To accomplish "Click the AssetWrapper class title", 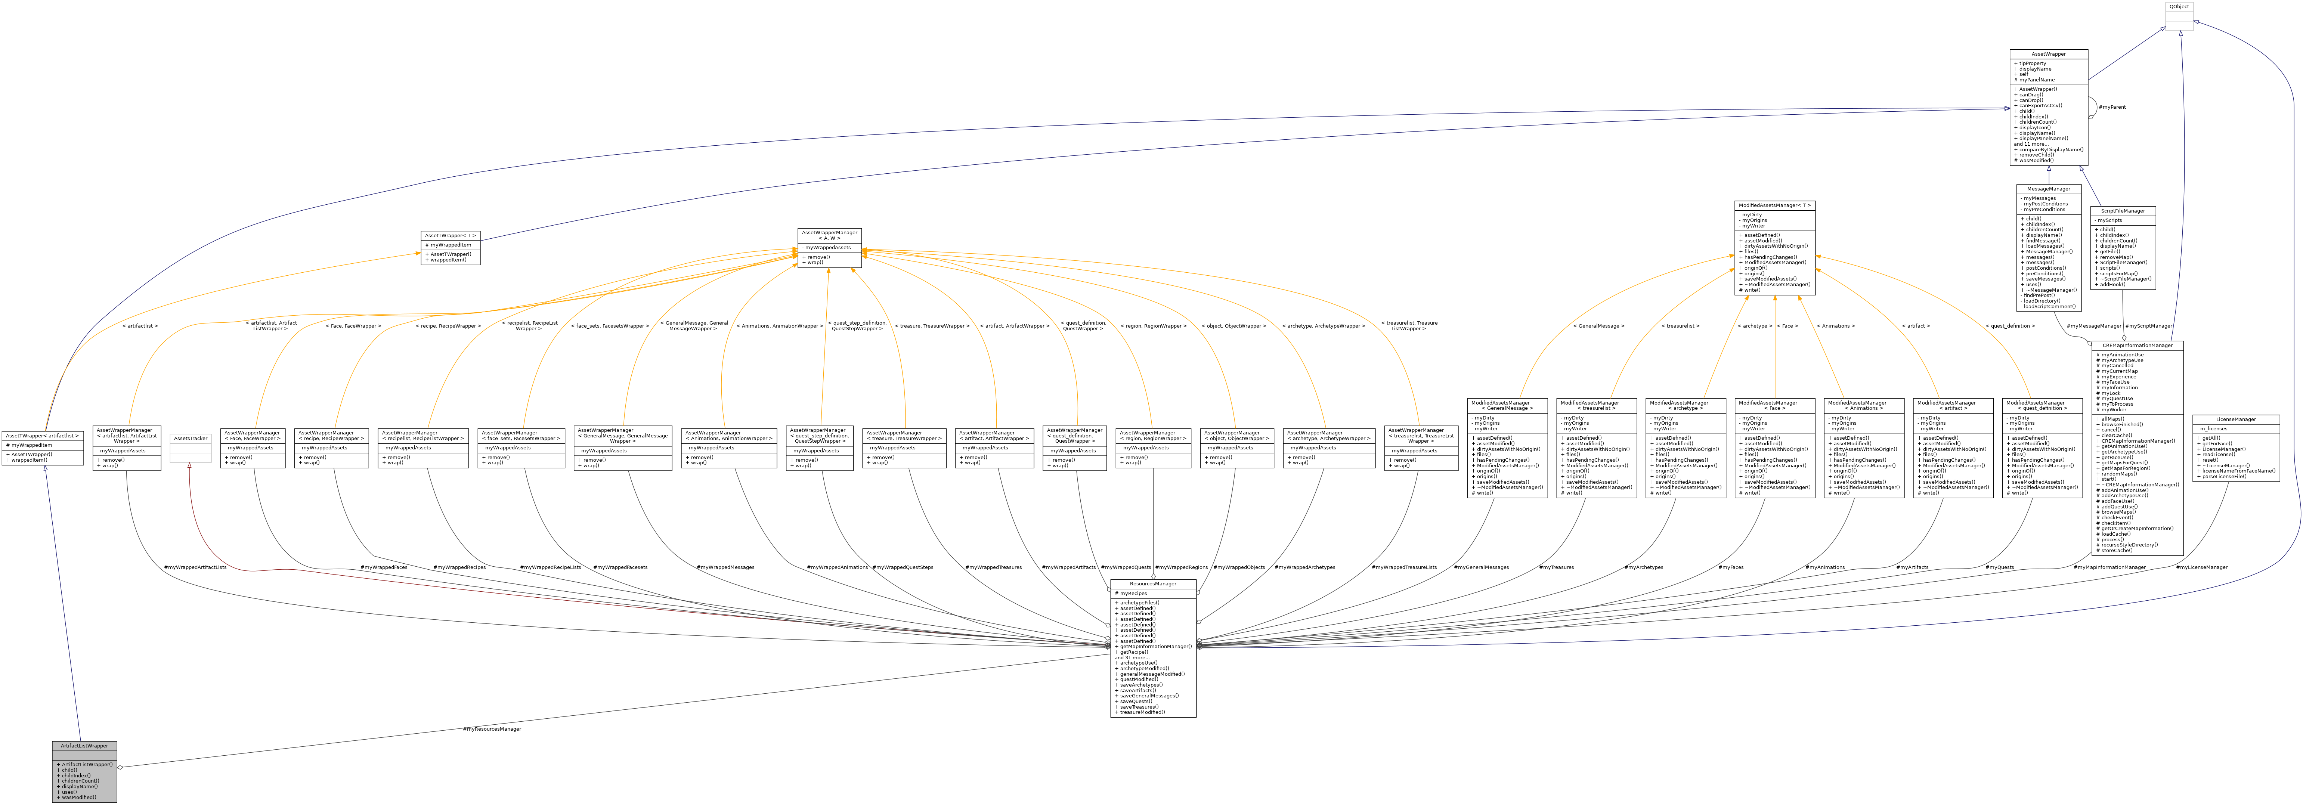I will coord(2048,54).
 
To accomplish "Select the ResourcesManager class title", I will coord(1152,583).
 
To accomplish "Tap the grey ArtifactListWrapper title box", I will coord(84,745).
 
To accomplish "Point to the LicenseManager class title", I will coord(2235,419).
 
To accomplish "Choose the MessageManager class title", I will coord(2048,189).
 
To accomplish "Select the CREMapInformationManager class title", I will coord(2137,344).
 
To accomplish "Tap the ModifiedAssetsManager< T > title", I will coord(1775,205).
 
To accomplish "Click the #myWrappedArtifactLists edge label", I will coord(195,567).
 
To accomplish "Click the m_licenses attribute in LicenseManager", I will coord(2213,428).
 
